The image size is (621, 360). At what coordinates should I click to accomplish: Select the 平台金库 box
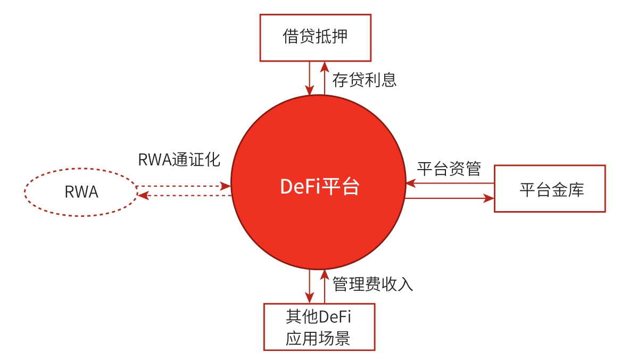tap(550, 189)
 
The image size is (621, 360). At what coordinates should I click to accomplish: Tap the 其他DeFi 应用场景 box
tap(319, 326)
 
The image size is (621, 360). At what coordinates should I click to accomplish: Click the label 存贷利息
tap(365, 80)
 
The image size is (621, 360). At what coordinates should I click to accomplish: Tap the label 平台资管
tap(449, 169)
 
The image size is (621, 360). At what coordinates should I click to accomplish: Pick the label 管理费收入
tap(372, 284)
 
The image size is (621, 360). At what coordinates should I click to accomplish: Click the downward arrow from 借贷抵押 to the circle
tap(309, 77)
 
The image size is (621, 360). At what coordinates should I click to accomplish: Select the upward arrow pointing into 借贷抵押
tap(324, 77)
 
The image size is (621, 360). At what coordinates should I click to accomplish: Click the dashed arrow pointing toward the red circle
tap(184, 186)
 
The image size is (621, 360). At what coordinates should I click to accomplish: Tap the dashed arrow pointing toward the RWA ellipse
tap(184, 196)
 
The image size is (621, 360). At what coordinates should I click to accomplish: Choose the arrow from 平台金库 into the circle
tap(450, 183)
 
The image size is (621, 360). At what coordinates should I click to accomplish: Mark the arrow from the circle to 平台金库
tap(450, 198)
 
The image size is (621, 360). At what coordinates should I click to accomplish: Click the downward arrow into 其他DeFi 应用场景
tap(309, 286)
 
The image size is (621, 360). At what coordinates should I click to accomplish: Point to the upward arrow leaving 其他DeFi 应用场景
tap(324, 286)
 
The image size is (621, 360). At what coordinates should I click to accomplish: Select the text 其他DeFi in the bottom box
tap(320, 317)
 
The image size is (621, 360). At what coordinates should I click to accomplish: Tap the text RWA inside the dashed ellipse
tap(81, 192)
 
